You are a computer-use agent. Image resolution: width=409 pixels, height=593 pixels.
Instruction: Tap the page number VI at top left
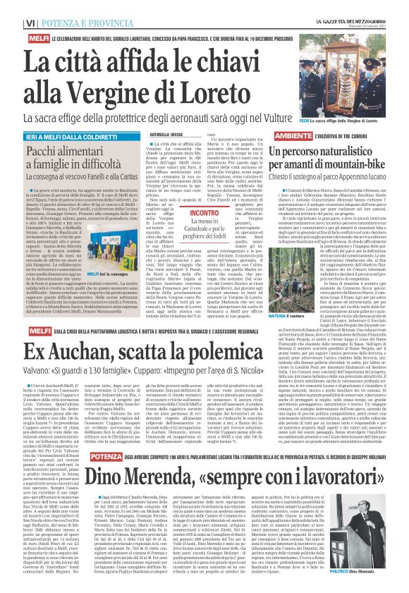[11, 23]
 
